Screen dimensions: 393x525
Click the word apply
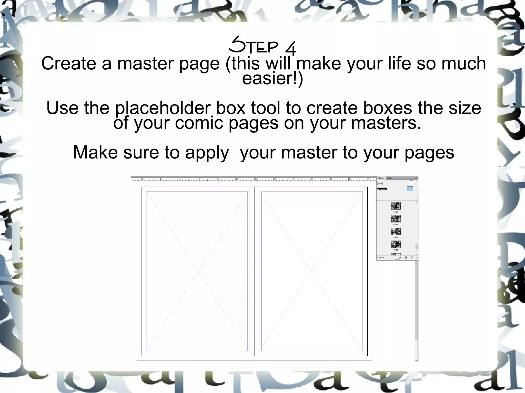click(207, 152)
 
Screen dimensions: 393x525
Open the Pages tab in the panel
click(381, 178)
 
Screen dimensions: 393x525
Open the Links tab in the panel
click(390, 178)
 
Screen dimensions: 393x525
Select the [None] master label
click(380, 183)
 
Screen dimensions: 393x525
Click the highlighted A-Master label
click(382, 189)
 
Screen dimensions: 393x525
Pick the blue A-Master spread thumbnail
click(410, 189)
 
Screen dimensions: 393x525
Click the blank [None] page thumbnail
click(411, 183)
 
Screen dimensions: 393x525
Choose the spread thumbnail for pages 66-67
click(396, 206)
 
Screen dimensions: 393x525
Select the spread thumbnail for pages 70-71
click(396, 231)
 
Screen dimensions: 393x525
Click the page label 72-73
click(396, 250)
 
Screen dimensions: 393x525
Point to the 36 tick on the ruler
click(256, 179)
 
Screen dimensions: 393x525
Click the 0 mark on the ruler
click(143, 179)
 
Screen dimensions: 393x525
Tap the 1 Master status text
click(381, 257)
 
